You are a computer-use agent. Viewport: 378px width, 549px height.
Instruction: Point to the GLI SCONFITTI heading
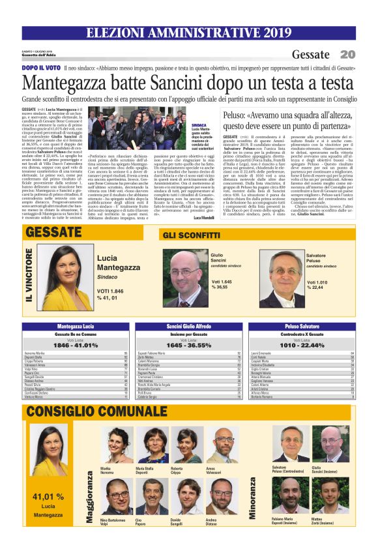pos(188,233)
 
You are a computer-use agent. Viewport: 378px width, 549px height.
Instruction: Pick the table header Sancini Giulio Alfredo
pos(187,325)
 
